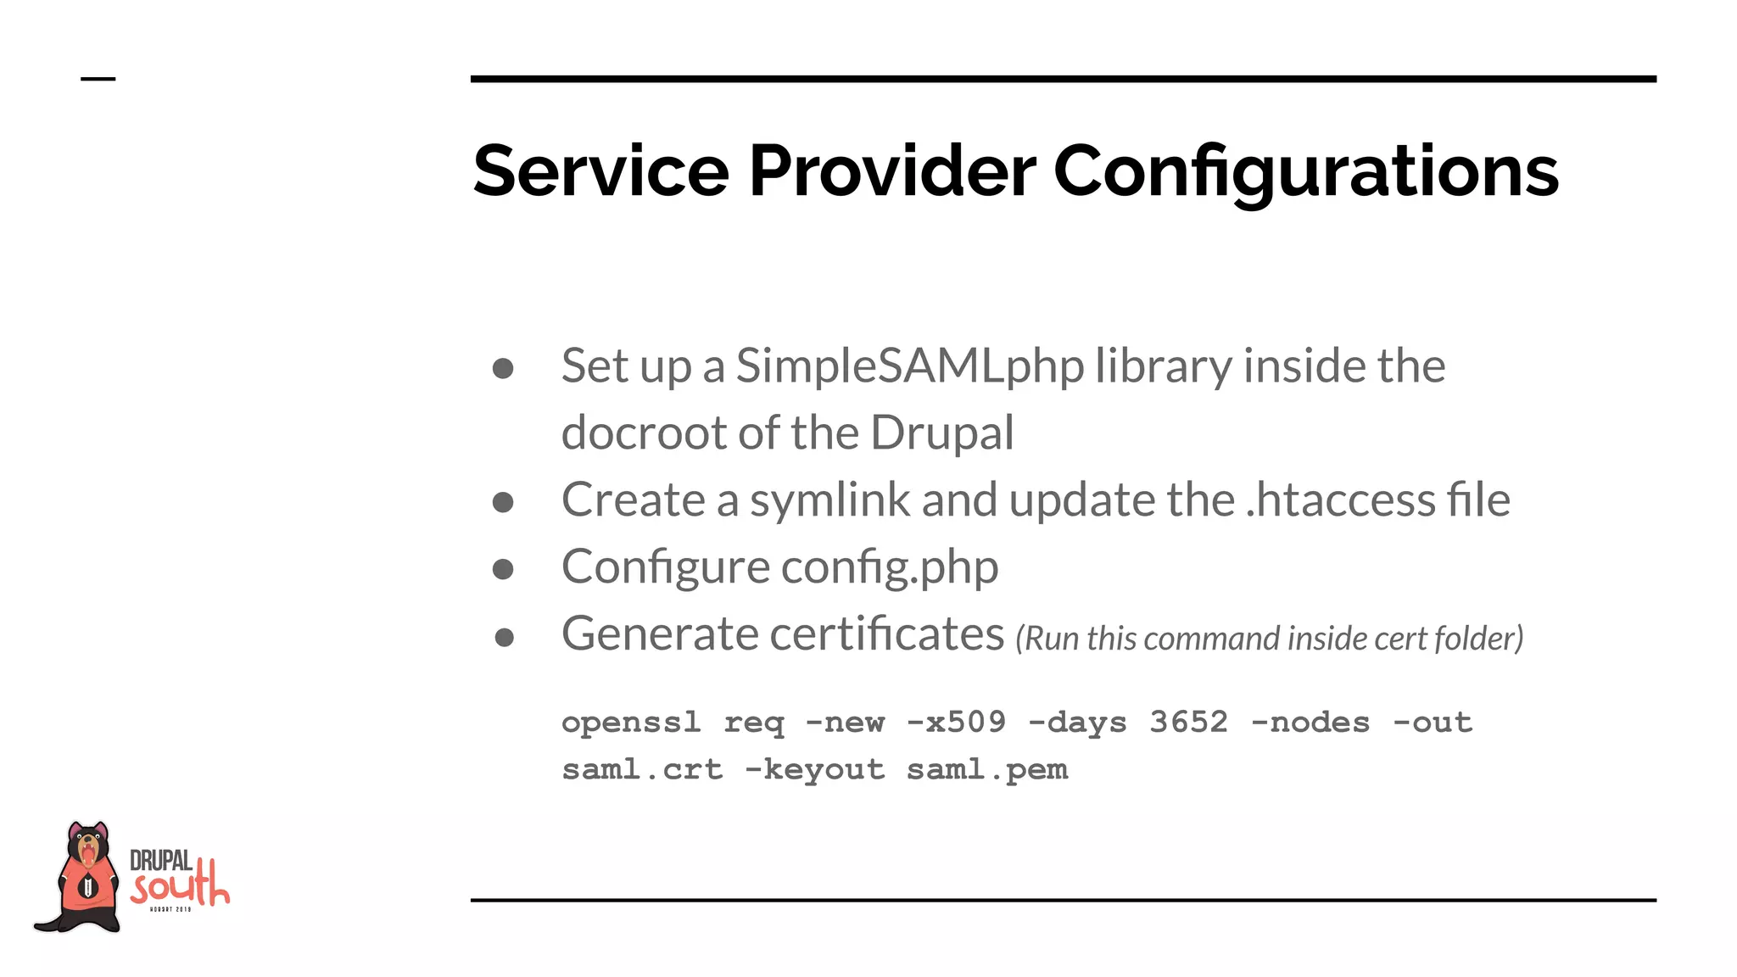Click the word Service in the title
tap(600, 171)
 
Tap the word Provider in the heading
tap(891, 171)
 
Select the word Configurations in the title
tap(1305, 171)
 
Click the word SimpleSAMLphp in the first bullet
tap(909, 366)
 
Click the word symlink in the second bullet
tap(829, 500)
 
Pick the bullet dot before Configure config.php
tap(503, 569)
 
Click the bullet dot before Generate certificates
tap(504, 637)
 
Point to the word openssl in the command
tap(631, 723)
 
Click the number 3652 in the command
tap(1188, 723)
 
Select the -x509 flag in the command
tap(956, 723)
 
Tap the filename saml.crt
tap(642, 770)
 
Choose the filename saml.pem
tap(986, 770)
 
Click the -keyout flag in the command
tap(814, 770)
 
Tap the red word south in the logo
tap(180, 886)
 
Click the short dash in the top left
tap(98, 80)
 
